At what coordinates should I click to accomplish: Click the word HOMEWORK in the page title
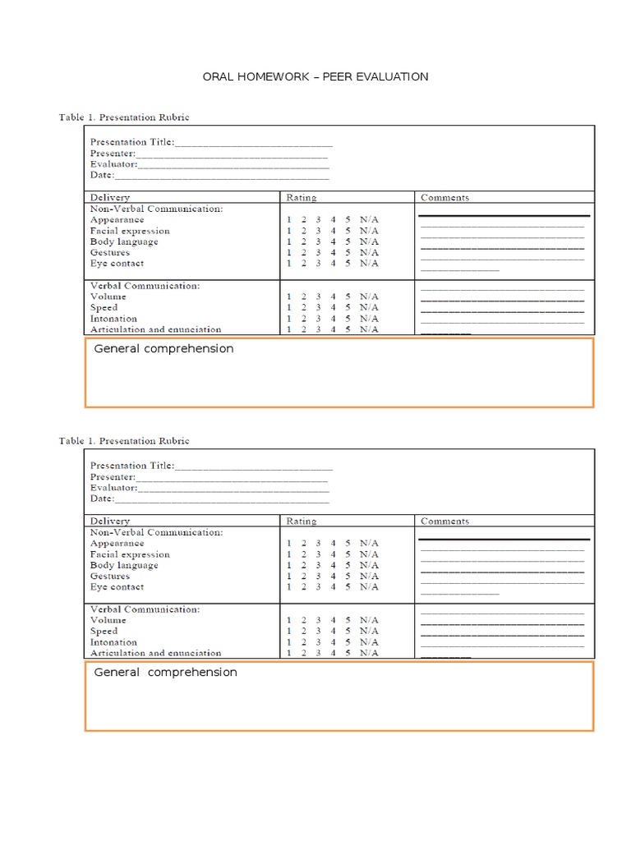pos(270,76)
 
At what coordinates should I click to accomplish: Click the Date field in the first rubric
pos(222,175)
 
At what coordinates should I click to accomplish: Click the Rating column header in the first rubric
pos(301,198)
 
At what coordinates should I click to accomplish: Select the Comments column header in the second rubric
pos(444,522)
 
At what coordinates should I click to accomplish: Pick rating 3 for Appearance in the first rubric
pos(319,220)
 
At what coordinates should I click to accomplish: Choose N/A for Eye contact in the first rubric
pos(369,264)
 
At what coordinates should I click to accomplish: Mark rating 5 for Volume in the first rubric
pos(348,296)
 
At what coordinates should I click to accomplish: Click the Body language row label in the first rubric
pos(124,242)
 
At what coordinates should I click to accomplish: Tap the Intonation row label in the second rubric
pos(113,642)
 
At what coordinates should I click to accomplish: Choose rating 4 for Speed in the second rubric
pos(334,632)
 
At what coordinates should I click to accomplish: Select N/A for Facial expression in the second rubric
pos(369,554)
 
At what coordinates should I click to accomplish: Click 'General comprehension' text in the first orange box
pos(164,349)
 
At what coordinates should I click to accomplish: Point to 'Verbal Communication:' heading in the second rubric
pos(144,609)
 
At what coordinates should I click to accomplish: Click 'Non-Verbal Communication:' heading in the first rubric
pos(156,209)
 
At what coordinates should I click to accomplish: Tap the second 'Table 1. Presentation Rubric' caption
pos(124,441)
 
